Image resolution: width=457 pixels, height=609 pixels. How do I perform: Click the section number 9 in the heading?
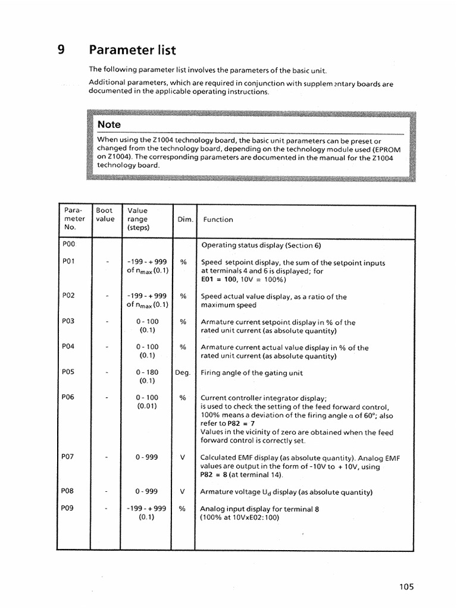61,49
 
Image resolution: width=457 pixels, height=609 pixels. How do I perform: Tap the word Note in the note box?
109,124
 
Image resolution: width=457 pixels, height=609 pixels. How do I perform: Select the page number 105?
406,586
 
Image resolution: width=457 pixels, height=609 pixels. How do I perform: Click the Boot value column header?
105,215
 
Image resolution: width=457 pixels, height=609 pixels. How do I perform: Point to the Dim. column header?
185,219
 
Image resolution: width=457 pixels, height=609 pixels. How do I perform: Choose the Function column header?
218,219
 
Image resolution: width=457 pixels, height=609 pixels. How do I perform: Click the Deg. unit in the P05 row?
183,373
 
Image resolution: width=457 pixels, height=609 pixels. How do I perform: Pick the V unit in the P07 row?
183,457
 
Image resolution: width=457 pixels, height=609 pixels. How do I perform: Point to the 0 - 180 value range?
147,372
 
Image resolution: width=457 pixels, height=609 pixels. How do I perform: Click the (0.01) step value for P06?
147,406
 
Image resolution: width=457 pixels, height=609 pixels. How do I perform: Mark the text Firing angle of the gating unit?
252,373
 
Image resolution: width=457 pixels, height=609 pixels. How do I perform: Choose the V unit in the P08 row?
183,492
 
